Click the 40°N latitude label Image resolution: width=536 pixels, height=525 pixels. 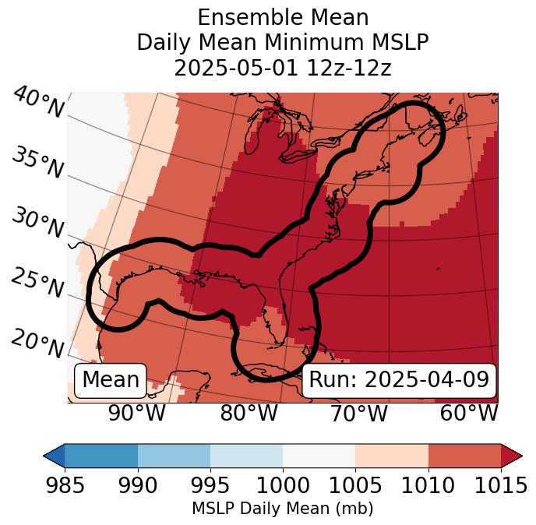[37, 103]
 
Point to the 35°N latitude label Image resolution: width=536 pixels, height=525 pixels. [37, 163]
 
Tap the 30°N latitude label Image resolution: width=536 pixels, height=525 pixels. [37, 224]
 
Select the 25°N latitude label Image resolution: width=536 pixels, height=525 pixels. [37, 284]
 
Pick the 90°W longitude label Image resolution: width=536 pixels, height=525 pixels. [136, 413]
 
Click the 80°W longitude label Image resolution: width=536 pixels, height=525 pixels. [249, 413]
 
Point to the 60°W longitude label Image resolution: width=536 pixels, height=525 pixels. [469, 413]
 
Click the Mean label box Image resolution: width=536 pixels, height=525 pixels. [111, 380]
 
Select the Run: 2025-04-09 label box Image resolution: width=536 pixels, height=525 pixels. [399, 380]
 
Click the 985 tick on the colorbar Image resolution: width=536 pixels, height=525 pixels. [65, 486]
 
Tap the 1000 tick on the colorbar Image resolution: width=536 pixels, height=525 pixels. [282, 486]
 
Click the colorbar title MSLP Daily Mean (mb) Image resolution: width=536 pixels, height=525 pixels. [282, 509]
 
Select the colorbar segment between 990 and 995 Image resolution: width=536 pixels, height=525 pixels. [174, 455]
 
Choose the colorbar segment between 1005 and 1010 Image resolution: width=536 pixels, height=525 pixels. [392, 455]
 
